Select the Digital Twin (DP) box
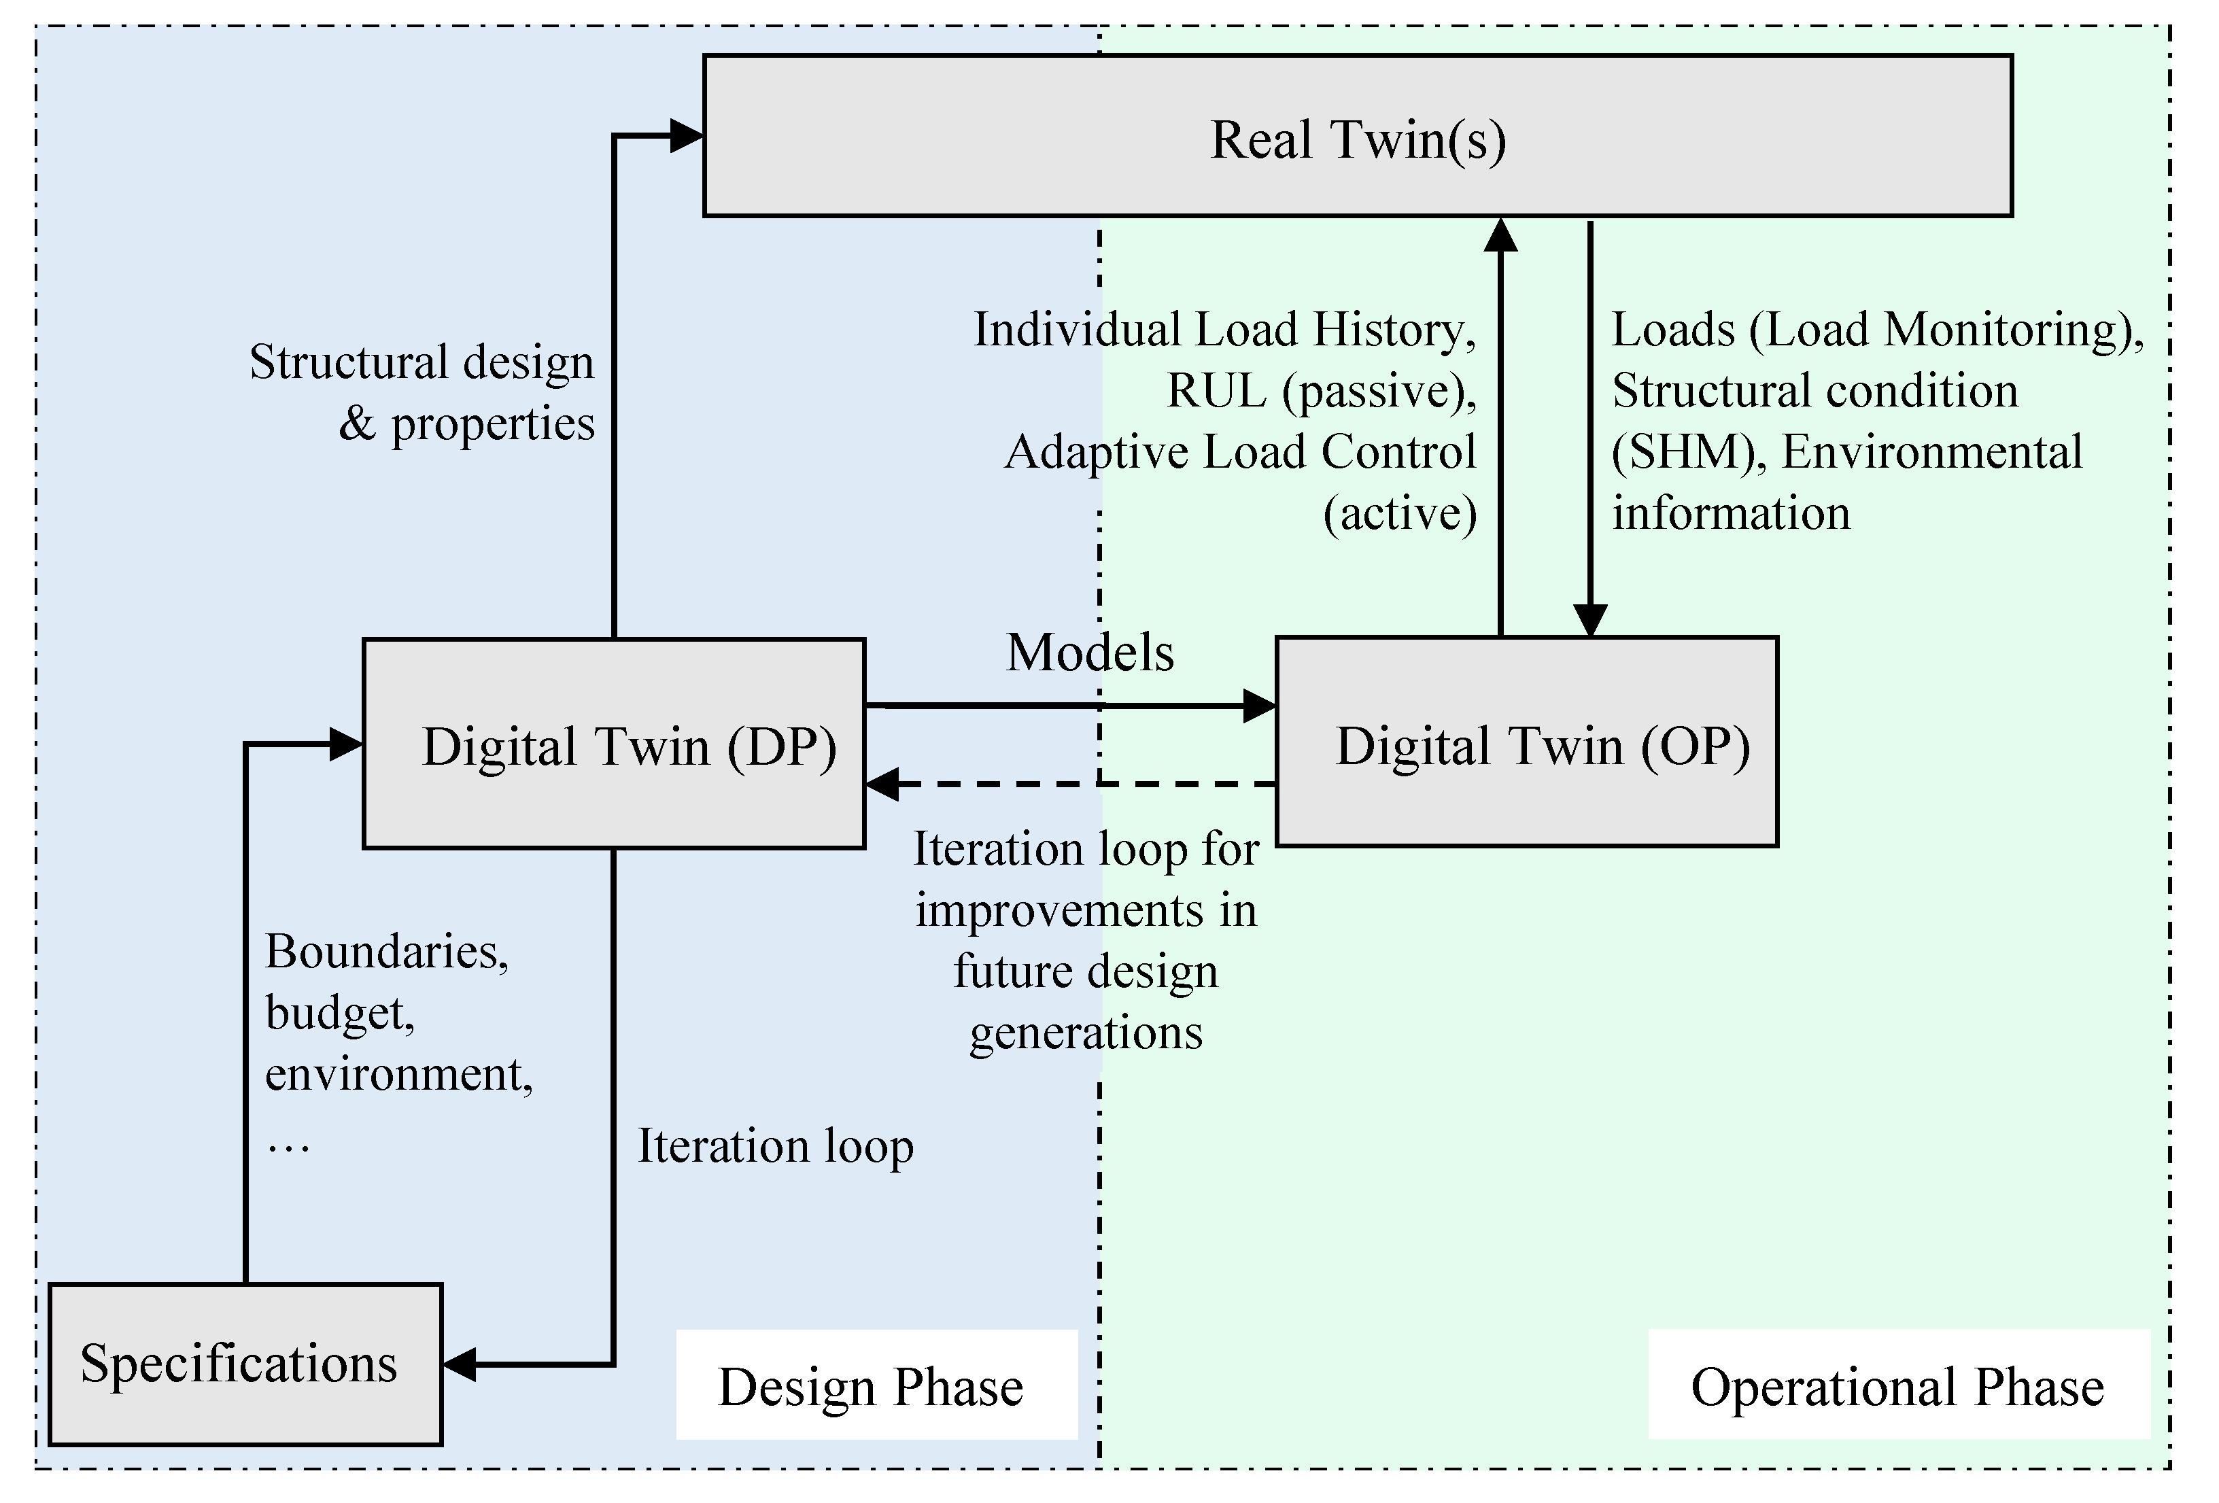pos(614,744)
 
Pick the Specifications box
pos(245,1363)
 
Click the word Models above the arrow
pos(1090,653)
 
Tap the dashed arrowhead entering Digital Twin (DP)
pos(880,784)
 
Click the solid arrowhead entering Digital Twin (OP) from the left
pos(1260,706)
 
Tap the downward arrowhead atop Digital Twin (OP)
pos(1589,621)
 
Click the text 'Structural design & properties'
pos(422,392)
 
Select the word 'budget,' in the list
pos(340,1012)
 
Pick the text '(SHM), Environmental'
pos(1846,451)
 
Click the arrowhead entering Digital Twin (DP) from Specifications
pos(345,744)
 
